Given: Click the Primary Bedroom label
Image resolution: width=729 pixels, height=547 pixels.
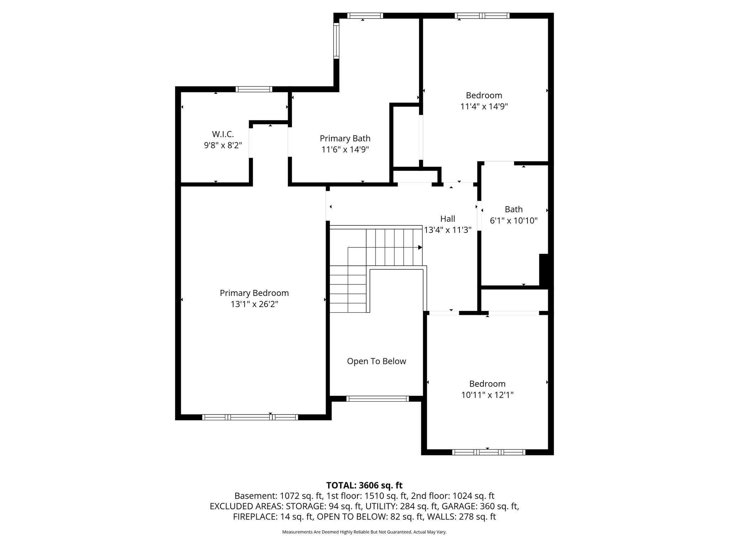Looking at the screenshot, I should click(254, 293).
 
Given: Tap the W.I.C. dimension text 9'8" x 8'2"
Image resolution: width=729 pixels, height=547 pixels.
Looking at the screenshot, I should click(223, 145).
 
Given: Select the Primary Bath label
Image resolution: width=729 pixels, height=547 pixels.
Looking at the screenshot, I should click(345, 138).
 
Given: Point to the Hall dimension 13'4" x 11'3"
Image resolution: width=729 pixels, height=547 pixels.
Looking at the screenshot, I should click(447, 230).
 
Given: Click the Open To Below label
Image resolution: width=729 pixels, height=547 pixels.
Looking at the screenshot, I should click(376, 361).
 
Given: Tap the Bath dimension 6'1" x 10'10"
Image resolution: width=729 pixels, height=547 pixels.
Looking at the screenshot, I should click(513, 220).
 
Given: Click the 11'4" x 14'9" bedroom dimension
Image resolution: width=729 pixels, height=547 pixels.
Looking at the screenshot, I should click(484, 106).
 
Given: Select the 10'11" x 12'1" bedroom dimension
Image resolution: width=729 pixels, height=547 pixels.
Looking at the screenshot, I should click(487, 395).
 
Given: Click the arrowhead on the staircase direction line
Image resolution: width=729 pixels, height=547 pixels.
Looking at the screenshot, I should click(420, 248).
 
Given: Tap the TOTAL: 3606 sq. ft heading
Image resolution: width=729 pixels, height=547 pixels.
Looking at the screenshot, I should click(364, 485).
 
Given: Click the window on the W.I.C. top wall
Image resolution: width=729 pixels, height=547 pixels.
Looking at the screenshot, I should click(254, 89).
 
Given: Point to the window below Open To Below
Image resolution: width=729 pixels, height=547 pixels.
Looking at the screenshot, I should click(377, 399).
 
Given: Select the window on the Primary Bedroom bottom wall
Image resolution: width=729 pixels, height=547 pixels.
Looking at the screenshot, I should click(250, 417).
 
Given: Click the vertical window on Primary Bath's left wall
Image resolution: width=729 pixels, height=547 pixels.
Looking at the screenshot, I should click(336, 41).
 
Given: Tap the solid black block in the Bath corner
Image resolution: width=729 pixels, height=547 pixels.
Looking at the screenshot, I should click(544, 270).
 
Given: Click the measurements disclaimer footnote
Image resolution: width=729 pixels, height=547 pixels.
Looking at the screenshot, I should click(364, 532).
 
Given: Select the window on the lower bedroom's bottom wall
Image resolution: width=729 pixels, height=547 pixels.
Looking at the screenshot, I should click(488, 452).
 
